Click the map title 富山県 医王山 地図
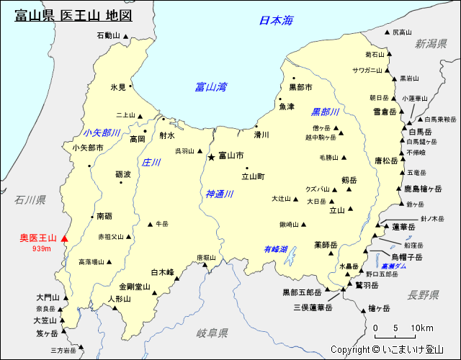[73, 15]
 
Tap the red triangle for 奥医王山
[64, 238]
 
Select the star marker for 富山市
[211, 156]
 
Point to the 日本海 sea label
[277, 21]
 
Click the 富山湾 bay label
[211, 87]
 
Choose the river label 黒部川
[325, 112]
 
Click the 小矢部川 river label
[102, 132]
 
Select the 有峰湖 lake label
[275, 249]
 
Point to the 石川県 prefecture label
[30, 199]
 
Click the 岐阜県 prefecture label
[212, 333]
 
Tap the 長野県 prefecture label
[423, 294]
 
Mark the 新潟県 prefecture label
[431, 44]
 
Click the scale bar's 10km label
[422, 328]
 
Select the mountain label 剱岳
[349, 180]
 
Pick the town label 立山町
[253, 176]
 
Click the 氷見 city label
[118, 87]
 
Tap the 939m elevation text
[42, 249]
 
